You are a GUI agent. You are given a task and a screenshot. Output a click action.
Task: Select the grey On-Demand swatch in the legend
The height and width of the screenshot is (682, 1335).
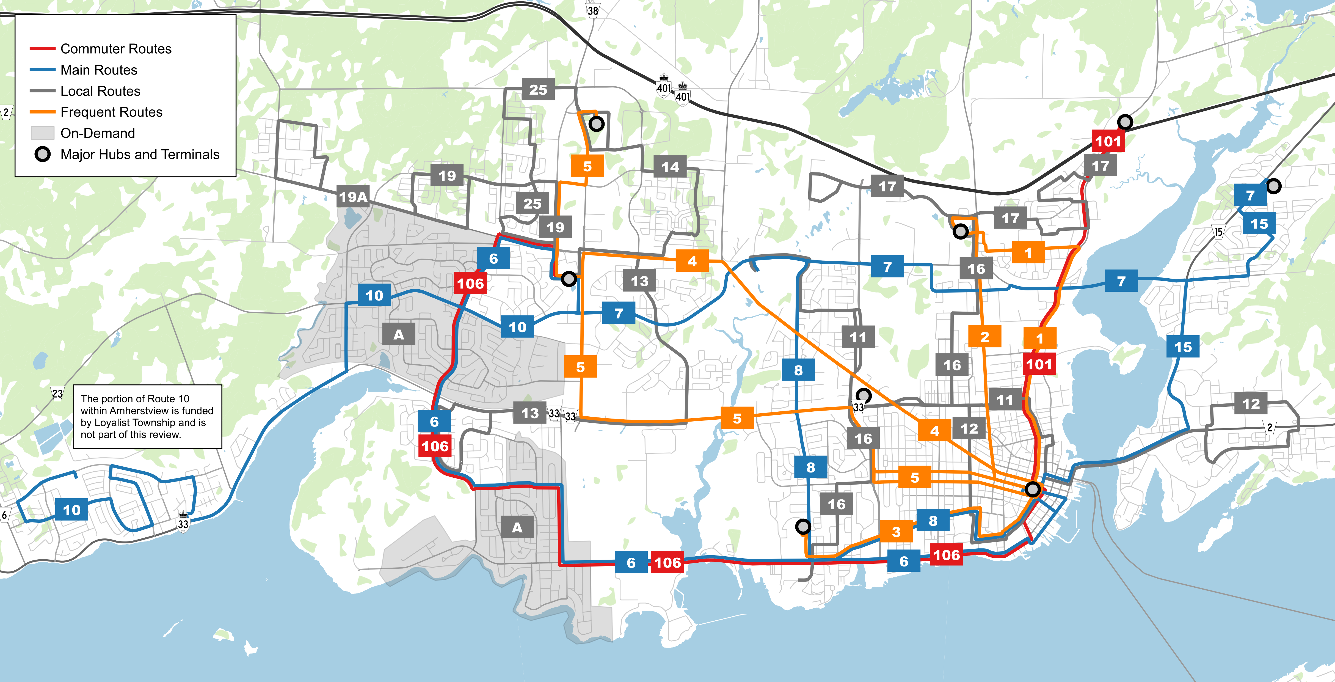tap(43, 133)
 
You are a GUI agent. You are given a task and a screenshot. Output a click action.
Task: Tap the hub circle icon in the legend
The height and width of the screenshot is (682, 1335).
tap(43, 155)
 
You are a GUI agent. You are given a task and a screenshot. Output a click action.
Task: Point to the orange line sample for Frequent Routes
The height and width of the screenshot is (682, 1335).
tap(43, 112)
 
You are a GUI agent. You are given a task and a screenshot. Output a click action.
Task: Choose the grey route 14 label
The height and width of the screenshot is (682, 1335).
tap(670, 167)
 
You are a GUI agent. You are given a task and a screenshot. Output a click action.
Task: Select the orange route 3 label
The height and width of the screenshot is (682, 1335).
tap(896, 532)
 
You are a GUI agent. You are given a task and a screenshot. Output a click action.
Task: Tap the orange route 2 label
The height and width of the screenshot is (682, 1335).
tap(985, 337)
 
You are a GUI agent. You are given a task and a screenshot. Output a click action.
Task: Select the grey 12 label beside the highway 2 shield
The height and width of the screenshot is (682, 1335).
tap(1251, 404)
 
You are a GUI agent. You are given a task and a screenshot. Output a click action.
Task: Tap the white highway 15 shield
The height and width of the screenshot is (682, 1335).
tap(1218, 232)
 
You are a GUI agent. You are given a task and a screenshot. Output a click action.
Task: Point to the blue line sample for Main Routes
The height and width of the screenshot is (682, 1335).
tap(43, 70)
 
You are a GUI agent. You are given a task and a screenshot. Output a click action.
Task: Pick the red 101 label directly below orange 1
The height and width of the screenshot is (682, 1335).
tap(1039, 364)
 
